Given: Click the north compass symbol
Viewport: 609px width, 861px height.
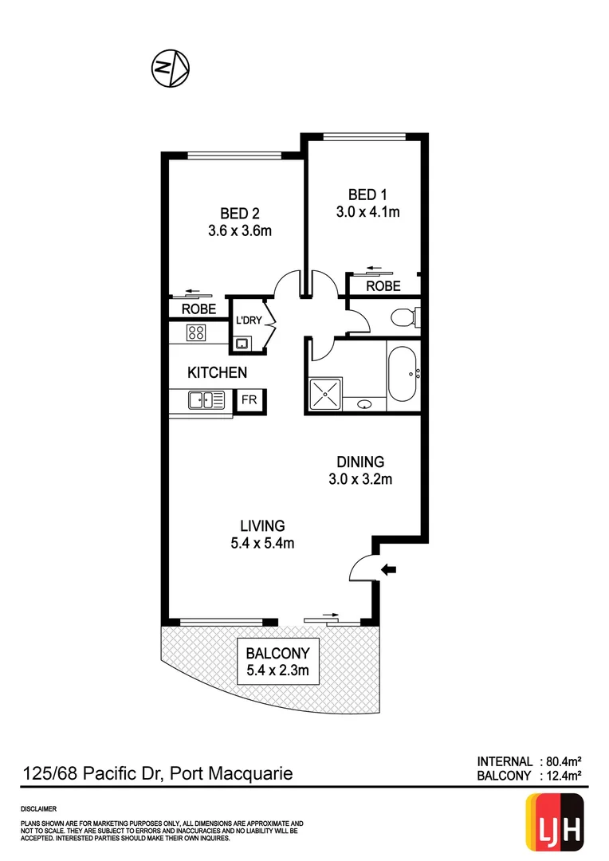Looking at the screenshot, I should click(x=170, y=68).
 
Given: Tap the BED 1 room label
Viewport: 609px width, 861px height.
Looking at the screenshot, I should click(x=367, y=195).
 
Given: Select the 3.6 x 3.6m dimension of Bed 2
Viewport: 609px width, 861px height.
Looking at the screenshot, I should click(x=240, y=231).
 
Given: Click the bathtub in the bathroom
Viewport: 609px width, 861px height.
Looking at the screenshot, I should click(x=401, y=372).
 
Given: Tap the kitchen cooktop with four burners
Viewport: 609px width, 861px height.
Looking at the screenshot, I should click(x=196, y=332).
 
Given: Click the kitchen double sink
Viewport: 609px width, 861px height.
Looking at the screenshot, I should click(x=200, y=399).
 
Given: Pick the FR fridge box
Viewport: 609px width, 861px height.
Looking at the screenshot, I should click(x=249, y=399).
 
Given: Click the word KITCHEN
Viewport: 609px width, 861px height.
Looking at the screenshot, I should click(x=217, y=372).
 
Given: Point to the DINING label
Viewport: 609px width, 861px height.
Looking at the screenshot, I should click(x=360, y=462).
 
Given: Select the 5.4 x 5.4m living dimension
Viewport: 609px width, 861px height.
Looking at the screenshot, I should click(x=263, y=544).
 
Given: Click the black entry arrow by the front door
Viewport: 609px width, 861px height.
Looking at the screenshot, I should click(x=389, y=569).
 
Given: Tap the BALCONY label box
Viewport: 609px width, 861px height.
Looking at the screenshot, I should click(x=277, y=662).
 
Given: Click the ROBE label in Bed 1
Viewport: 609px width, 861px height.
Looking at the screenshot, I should click(x=383, y=286).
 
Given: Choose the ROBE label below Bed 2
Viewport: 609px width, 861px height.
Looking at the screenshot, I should click(x=198, y=309).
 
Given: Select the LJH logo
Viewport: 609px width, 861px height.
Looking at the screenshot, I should click(x=555, y=820).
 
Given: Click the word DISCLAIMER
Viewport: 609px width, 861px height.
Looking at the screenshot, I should click(x=38, y=808).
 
